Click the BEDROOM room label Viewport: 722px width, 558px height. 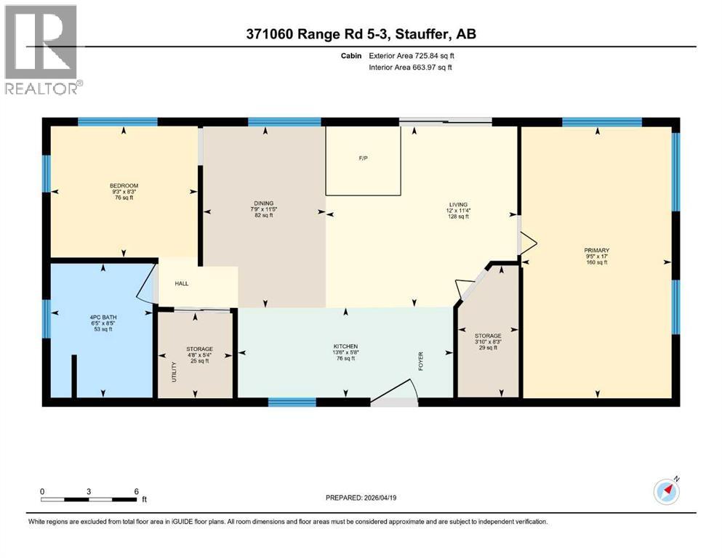click(123, 185)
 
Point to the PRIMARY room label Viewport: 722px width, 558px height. click(596, 250)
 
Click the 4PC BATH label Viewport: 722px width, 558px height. click(101, 317)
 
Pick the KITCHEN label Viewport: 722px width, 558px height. click(345, 346)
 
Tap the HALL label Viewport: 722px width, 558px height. click(181, 283)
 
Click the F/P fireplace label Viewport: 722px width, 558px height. click(363, 157)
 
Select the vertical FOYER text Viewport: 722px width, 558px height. click(420, 361)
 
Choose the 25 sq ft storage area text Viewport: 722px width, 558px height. click(199, 361)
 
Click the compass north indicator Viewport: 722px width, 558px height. click(665, 491)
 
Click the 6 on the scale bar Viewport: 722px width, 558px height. click(136, 491)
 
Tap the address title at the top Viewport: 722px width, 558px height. click(361, 34)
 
